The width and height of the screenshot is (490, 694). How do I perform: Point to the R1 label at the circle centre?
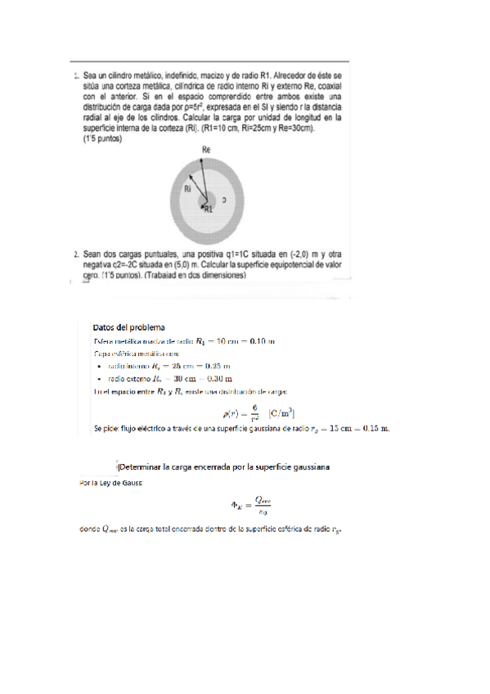pyautogui.click(x=208, y=210)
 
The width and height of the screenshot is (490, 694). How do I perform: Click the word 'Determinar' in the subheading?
pyautogui.click(x=140, y=467)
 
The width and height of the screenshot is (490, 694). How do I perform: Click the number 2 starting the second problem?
pyautogui.click(x=76, y=255)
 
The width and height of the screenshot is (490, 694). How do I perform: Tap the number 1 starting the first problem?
pyautogui.click(x=76, y=76)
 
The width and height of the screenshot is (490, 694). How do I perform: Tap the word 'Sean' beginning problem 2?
pyautogui.click(x=94, y=255)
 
